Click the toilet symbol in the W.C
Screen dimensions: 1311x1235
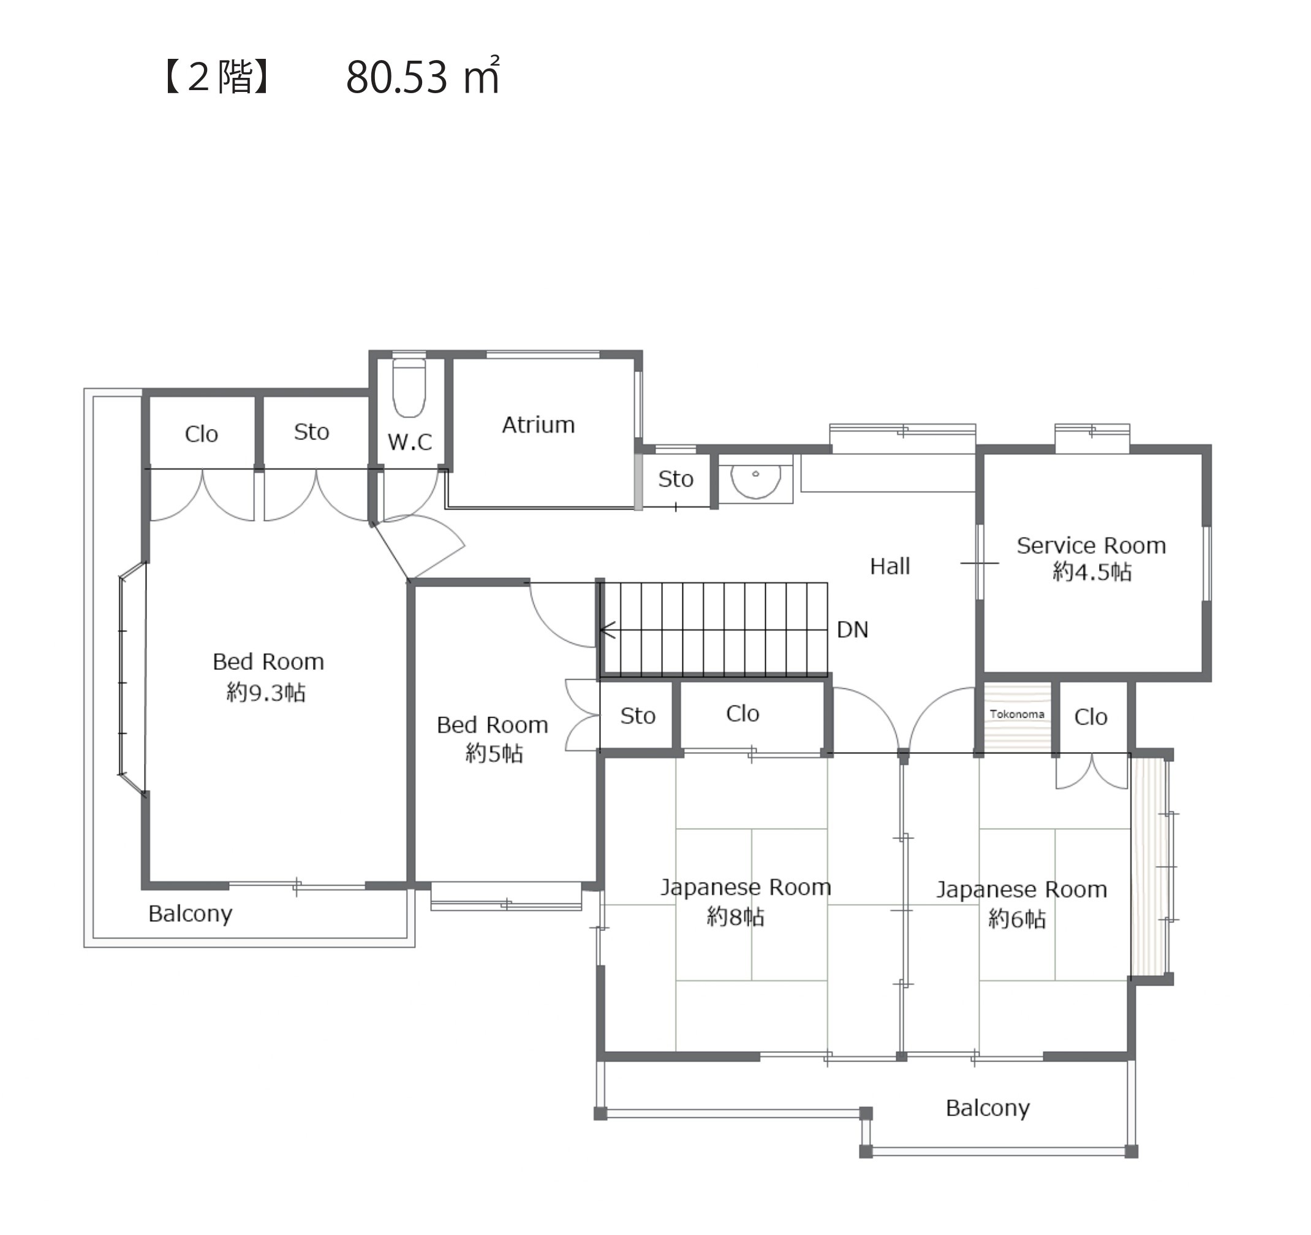[409, 387]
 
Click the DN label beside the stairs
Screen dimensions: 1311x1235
[852, 630]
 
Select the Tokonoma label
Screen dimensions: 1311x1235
[1016, 714]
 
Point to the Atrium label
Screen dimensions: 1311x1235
[538, 425]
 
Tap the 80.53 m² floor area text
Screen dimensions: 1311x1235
[423, 77]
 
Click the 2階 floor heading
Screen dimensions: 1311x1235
[217, 77]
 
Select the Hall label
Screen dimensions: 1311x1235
[890, 566]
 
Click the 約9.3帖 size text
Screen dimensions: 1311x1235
[266, 692]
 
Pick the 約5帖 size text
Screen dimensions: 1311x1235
[494, 753]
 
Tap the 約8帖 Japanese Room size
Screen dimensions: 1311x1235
[735, 916]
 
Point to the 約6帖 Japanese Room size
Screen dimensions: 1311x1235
[1017, 919]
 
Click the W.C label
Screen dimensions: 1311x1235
[409, 442]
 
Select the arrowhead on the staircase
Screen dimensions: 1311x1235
[606, 630]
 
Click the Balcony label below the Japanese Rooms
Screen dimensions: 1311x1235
[987, 1108]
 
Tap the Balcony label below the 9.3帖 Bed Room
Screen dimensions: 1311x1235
[190, 914]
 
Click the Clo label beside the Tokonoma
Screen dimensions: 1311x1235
[1090, 717]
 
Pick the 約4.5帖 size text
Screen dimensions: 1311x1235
[1092, 571]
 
